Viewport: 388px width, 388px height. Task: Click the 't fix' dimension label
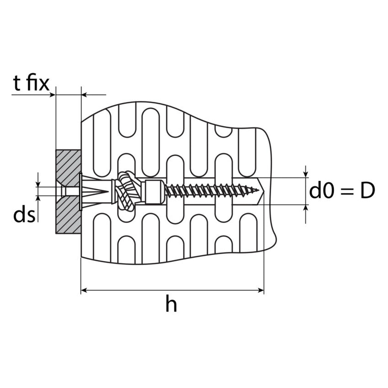pyautogui.click(x=31, y=83)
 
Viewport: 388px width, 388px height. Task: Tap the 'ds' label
pyautogui.click(x=24, y=215)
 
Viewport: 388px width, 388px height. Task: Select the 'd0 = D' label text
pyautogui.click(x=342, y=191)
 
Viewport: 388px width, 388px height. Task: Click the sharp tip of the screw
pyautogui.click(x=259, y=190)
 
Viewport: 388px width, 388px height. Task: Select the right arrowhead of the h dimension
pyautogui.click(x=261, y=290)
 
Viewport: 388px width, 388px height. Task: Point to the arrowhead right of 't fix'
pyautogui.click(x=52, y=94)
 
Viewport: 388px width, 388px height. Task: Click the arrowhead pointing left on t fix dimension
pyautogui.click(x=84, y=94)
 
